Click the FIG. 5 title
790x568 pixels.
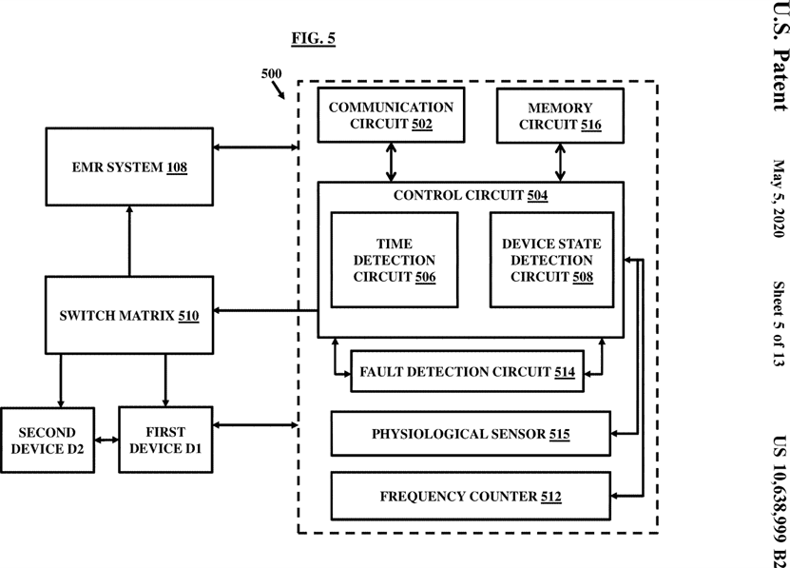(x=313, y=38)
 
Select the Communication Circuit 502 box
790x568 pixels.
(x=391, y=115)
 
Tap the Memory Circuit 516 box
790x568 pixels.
(x=560, y=116)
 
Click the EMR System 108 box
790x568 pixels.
(x=129, y=166)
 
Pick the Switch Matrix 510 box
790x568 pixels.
(x=129, y=315)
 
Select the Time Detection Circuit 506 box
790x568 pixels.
(x=395, y=260)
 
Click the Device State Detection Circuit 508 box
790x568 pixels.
(x=551, y=260)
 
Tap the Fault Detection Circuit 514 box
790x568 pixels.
(x=467, y=371)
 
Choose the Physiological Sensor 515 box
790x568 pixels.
(x=471, y=434)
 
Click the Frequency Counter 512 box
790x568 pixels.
(x=471, y=497)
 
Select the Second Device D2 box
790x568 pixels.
(x=48, y=441)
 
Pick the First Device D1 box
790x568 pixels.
(x=165, y=440)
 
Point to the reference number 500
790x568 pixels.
(x=271, y=73)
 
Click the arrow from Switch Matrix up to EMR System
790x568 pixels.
(x=129, y=241)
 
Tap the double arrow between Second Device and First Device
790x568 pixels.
(x=106, y=441)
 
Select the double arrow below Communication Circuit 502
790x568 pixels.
(x=391, y=162)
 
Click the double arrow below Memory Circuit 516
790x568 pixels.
(x=560, y=163)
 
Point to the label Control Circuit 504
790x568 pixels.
(x=471, y=195)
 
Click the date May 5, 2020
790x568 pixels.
(x=779, y=198)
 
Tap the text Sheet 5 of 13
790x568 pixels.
(x=779, y=323)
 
